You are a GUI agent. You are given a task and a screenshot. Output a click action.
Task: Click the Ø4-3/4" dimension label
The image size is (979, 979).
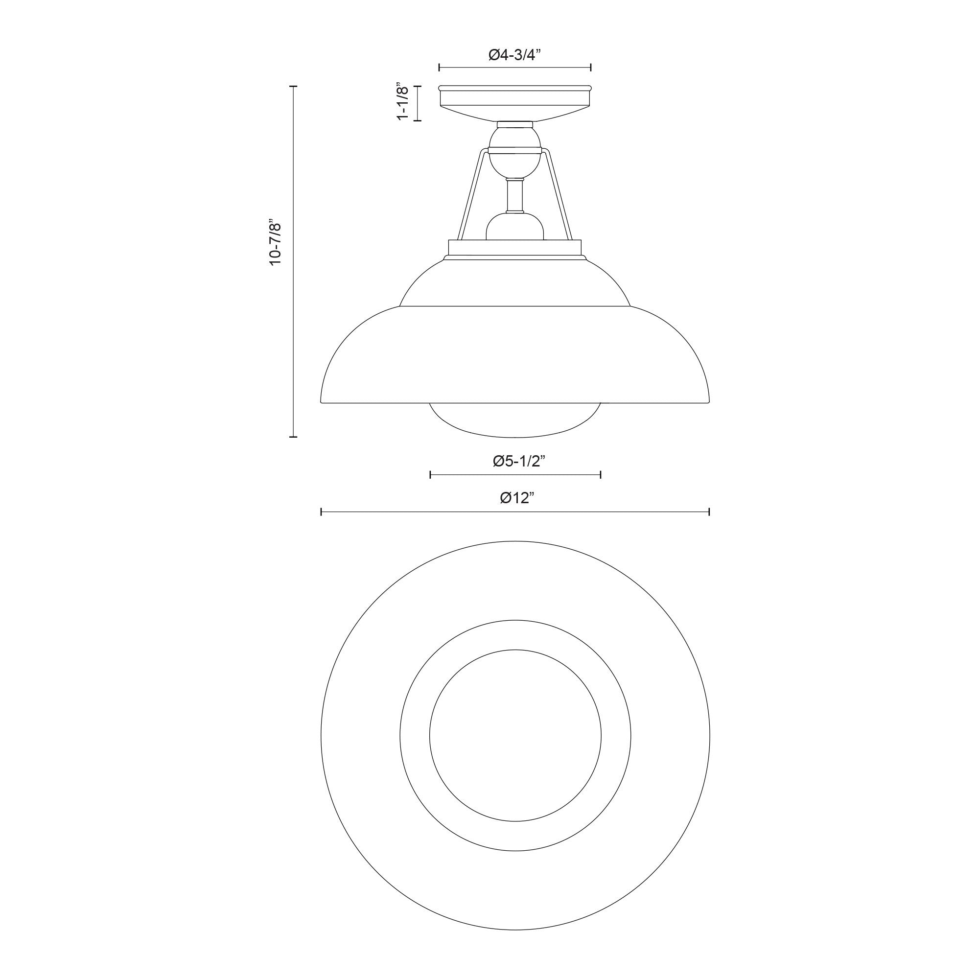click(x=515, y=55)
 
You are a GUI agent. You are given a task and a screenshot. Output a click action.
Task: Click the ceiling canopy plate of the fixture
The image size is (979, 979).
click(x=515, y=103)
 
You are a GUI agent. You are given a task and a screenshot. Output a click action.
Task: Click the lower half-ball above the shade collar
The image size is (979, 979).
click(x=515, y=227)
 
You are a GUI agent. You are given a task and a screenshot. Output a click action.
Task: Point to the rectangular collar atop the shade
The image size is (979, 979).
click(x=515, y=248)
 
